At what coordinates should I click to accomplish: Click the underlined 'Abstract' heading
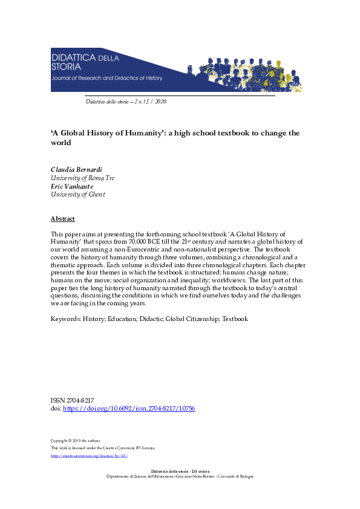[62, 218]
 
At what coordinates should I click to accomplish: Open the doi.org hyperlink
[129, 409]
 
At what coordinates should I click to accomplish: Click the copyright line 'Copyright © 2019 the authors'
[75, 440]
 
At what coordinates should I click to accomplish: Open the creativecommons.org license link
[89, 455]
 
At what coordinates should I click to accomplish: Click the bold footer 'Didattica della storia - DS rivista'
[180, 470]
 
